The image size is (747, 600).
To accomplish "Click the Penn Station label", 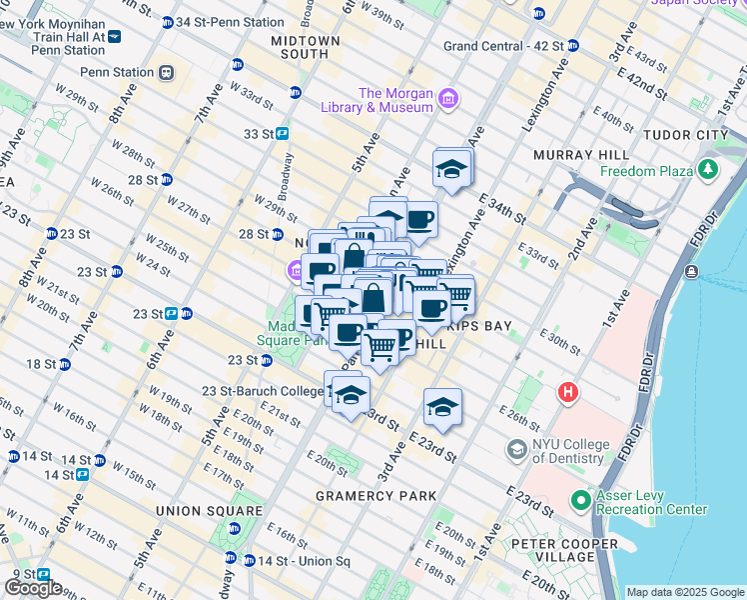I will [x=118, y=72].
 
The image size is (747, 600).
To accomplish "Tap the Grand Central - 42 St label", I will [x=502, y=46].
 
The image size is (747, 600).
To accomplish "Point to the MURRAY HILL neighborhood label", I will [x=581, y=155].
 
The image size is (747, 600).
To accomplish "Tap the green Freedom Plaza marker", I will [x=708, y=170].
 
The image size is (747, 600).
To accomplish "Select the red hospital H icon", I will [x=568, y=392].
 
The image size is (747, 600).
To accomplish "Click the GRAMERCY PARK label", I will [x=375, y=495].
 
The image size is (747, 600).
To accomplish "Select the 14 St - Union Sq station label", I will [x=302, y=560].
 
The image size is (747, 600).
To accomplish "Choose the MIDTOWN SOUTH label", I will [x=306, y=49].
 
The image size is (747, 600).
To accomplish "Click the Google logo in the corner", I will [x=33, y=588].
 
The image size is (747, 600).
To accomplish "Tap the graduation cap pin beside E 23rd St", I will [x=442, y=406].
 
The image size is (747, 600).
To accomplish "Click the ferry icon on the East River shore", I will [x=691, y=272].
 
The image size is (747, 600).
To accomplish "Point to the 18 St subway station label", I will [x=41, y=364].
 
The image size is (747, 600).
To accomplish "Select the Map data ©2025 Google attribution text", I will [x=685, y=592].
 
